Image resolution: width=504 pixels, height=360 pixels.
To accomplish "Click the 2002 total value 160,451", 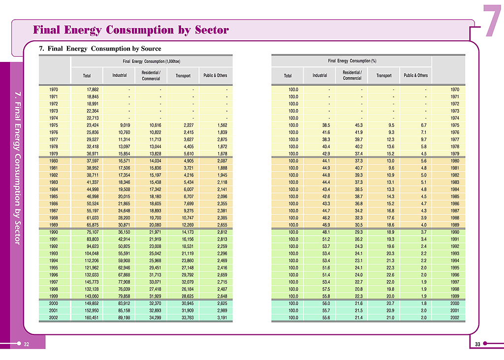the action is (x=92, y=318).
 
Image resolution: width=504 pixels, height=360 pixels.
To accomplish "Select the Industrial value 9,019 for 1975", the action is (x=125, y=125).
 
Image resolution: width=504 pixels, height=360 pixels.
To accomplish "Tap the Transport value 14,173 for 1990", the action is (x=188, y=232).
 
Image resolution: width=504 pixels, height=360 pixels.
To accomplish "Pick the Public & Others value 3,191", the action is (x=222, y=318).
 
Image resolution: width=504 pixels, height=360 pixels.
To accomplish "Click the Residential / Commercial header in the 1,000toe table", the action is (x=151, y=75).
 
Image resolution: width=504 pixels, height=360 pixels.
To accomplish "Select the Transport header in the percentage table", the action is (x=384, y=75).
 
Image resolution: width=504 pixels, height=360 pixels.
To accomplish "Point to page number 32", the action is (x=27, y=344).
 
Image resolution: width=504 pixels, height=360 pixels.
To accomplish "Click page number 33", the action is (x=477, y=344).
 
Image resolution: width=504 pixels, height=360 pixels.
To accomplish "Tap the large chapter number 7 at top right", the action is (x=492, y=21).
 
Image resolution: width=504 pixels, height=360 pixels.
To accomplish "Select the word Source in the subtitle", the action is (x=151, y=49).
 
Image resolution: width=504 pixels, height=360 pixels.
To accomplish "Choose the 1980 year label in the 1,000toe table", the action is (x=54, y=161).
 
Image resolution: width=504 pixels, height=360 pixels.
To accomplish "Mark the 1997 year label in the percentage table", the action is (x=455, y=282).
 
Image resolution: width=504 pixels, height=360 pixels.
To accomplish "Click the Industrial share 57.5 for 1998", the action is (x=326, y=289).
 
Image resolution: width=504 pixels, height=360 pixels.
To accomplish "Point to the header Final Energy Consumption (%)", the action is (x=352, y=60).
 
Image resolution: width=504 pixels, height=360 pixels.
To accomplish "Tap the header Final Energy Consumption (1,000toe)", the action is (x=152, y=61).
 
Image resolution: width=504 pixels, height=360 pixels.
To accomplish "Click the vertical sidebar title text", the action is (x=18, y=168).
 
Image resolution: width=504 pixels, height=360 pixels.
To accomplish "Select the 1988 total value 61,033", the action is (x=93, y=218).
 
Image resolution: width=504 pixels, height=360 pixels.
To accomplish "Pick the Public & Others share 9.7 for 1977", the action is (x=424, y=139).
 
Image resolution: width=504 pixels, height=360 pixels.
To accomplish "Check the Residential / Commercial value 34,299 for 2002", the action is (x=155, y=318).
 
